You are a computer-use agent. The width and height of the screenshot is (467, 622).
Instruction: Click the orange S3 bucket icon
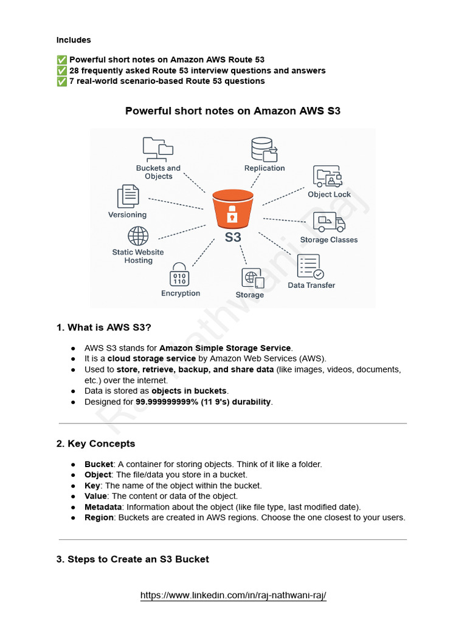(232, 209)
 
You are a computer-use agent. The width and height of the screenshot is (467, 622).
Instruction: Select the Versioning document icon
(128, 197)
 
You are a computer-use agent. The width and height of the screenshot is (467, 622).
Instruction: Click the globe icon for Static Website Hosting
(138, 236)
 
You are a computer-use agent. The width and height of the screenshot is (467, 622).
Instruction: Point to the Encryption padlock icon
(179, 275)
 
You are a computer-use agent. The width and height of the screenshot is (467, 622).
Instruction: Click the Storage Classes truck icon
(329, 223)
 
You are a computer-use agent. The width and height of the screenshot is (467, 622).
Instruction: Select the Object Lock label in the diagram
(329, 194)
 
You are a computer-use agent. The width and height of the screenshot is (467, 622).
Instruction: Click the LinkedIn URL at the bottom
(233, 595)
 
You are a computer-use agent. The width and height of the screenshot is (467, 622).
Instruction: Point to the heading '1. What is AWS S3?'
(104, 327)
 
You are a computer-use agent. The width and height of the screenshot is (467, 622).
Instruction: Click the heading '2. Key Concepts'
(95, 443)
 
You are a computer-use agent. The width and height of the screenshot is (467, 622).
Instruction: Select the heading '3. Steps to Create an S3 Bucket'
(133, 559)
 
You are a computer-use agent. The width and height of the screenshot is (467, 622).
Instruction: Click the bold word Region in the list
(99, 518)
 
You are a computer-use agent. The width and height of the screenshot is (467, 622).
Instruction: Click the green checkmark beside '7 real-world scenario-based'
(61, 81)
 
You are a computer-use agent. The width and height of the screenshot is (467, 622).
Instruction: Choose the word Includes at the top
(74, 40)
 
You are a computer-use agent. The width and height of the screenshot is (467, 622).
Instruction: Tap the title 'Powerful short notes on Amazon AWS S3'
(233, 111)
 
